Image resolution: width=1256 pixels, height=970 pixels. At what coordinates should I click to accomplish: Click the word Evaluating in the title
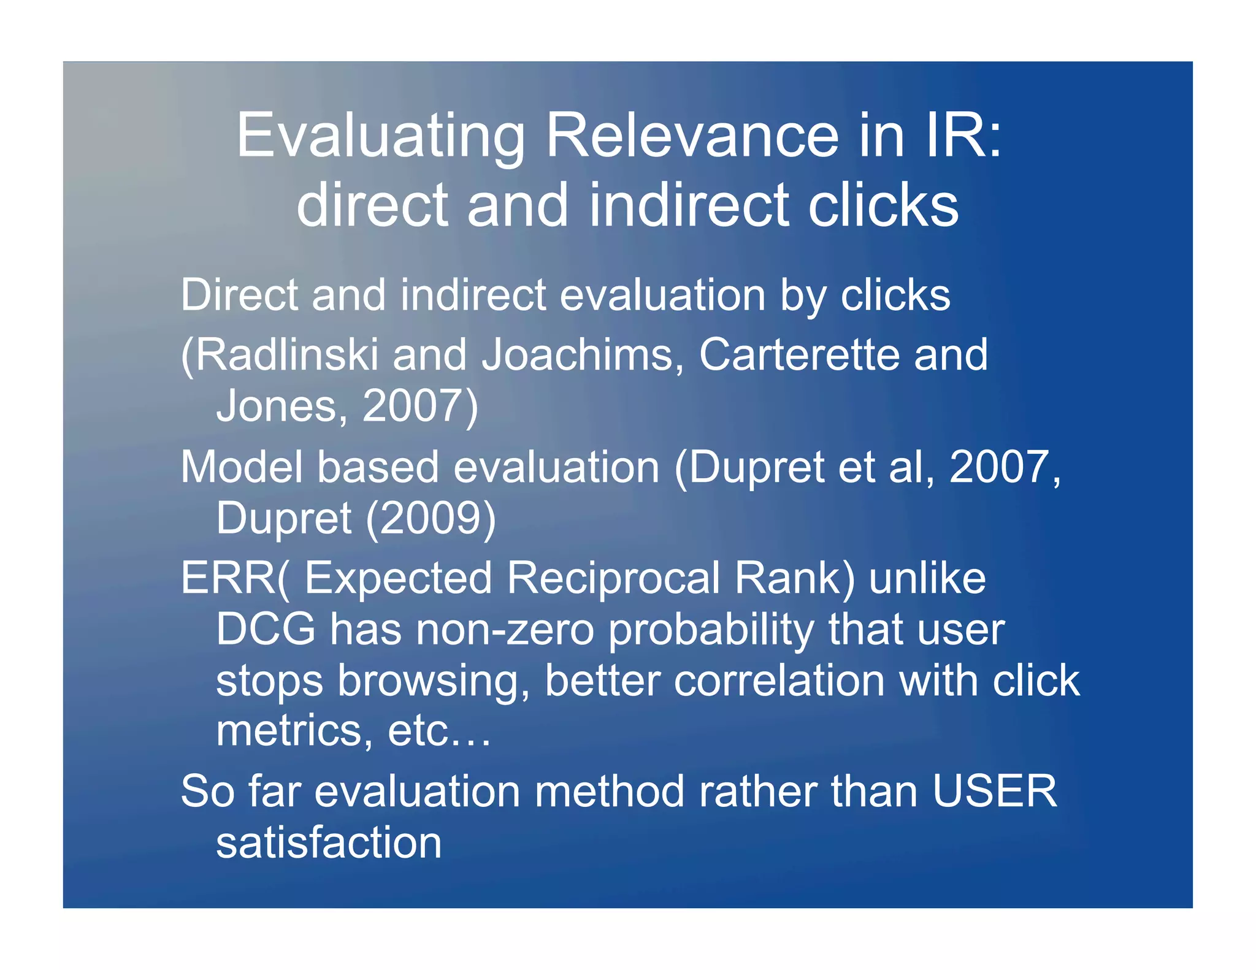(380, 136)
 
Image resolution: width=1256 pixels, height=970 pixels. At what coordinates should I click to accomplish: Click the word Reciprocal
(613, 578)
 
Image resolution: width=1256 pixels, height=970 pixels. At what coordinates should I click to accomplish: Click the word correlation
(779, 681)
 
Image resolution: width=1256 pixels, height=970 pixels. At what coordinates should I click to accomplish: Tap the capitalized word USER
(994, 791)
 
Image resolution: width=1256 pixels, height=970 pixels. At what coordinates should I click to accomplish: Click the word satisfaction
(329, 842)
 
